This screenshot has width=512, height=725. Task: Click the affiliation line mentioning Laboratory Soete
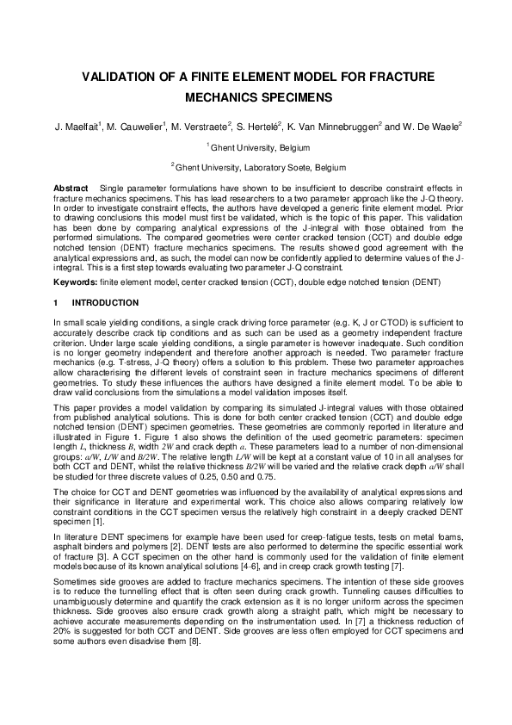click(x=256, y=166)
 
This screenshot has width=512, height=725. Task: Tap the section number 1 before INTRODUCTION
click(x=56, y=303)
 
